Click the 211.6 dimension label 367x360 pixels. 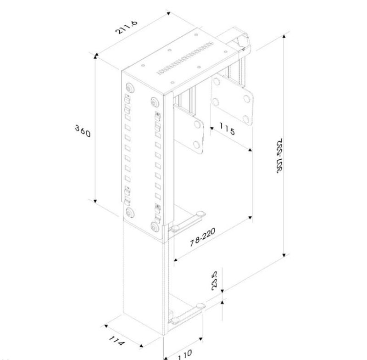pyautogui.click(x=127, y=27)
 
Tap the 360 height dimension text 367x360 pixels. pyautogui.click(x=83, y=131)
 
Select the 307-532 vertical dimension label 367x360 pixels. pyautogui.click(x=280, y=156)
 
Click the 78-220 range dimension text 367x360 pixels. pyautogui.click(x=202, y=237)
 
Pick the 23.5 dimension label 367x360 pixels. pyautogui.click(x=214, y=281)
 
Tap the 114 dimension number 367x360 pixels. pyautogui.click(x=117, y=341)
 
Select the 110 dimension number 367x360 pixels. pyautogui.click(x=185, y=354)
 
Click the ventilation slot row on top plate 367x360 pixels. pyautogui.click(x=185, y=58)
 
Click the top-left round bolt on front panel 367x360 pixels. pyautogui.click(x=129, y=88)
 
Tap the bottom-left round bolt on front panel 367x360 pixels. pyautogui.click(x=129, y=212)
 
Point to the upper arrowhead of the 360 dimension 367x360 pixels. pyautogui.click(x=95, y=56)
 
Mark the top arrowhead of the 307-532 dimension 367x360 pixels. pyautogui.click(x=284, y=36)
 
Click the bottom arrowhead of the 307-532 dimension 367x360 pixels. pyautogui.click(x=284, y=255)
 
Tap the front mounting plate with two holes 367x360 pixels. pyautogui.click(x=189, y=129)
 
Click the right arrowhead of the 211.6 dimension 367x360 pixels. pyautogui.click(x=168, y=13)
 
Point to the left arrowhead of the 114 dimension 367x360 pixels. pyautogui.click(x=106, y=326)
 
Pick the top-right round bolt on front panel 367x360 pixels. pyautogui.click(x=155, y=102)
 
